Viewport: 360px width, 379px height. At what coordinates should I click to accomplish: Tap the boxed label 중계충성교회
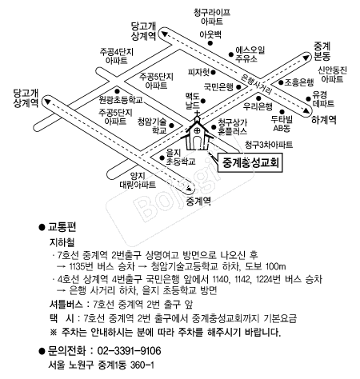250,162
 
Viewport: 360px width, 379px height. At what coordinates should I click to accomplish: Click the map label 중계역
198,201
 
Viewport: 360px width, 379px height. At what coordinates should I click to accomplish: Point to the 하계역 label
324,120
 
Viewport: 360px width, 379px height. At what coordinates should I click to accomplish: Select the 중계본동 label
322,51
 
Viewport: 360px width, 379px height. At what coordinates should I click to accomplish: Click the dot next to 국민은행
238,87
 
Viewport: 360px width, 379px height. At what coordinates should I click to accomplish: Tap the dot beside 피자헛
213,72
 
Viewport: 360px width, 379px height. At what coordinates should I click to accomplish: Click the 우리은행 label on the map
258,106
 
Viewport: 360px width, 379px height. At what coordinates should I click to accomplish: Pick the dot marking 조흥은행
281,82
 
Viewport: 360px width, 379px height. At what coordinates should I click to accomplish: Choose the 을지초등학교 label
181,157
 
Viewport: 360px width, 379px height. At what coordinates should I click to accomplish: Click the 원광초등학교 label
121,100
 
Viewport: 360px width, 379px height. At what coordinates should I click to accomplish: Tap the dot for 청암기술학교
172,126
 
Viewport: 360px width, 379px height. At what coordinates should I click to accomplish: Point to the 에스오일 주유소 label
250,54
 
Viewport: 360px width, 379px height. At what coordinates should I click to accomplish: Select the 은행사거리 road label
256,84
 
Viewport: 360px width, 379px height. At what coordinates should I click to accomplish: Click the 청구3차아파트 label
269,145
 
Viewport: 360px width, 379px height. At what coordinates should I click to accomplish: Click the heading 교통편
62,227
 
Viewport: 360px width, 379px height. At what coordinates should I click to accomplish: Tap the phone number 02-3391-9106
129,351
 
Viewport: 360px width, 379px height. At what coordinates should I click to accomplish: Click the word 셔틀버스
66,304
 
